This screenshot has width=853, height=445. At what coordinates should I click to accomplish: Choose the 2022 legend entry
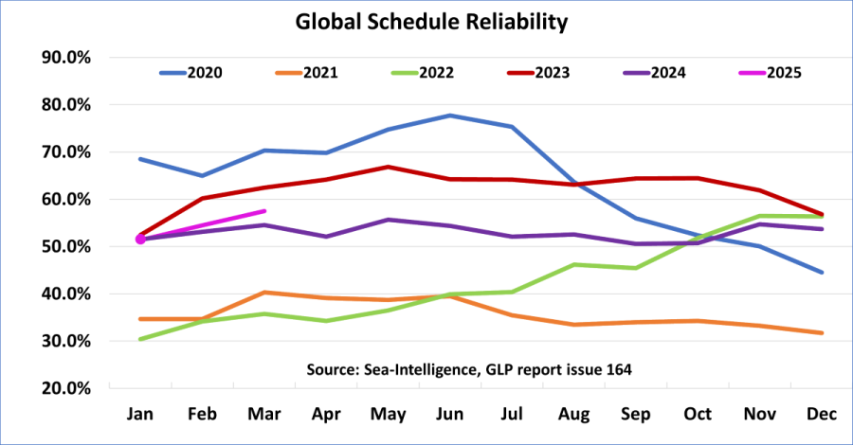click(435, 73)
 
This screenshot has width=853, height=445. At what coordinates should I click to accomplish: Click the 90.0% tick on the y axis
click(65, 58)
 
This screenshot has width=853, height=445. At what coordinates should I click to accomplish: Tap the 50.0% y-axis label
click(65, 246)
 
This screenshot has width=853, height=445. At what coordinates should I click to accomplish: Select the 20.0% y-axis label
click(65, 388)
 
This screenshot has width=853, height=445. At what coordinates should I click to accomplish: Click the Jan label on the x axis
click(139, 416)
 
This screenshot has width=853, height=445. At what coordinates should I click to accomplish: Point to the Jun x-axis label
click(449, 416)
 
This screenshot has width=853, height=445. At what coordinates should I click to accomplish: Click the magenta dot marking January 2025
click(140, 240)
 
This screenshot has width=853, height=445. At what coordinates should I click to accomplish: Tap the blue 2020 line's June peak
click(449, 116)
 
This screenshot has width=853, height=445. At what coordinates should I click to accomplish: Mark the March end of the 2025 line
click(264, 211)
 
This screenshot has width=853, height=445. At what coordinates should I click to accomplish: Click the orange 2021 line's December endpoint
click(821, 332)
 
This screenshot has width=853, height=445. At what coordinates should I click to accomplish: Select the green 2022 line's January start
click(140, 339)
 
